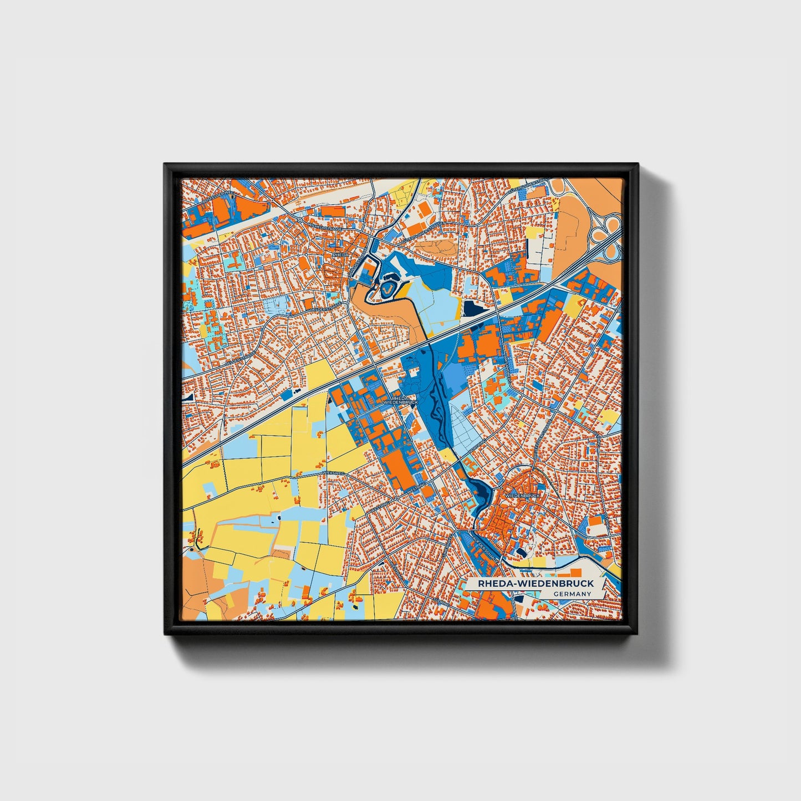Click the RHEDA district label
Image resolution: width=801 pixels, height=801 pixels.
tap(340, 255)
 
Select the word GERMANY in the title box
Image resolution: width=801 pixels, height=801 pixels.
tap(572, 594)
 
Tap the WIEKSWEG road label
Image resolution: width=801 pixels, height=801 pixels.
tap(333, 473)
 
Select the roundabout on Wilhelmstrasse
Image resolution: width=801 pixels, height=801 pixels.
tap(300, 221)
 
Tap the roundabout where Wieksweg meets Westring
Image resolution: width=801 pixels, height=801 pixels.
tap(396, 499)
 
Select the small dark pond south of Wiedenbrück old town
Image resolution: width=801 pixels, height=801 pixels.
tap(522, 552)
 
